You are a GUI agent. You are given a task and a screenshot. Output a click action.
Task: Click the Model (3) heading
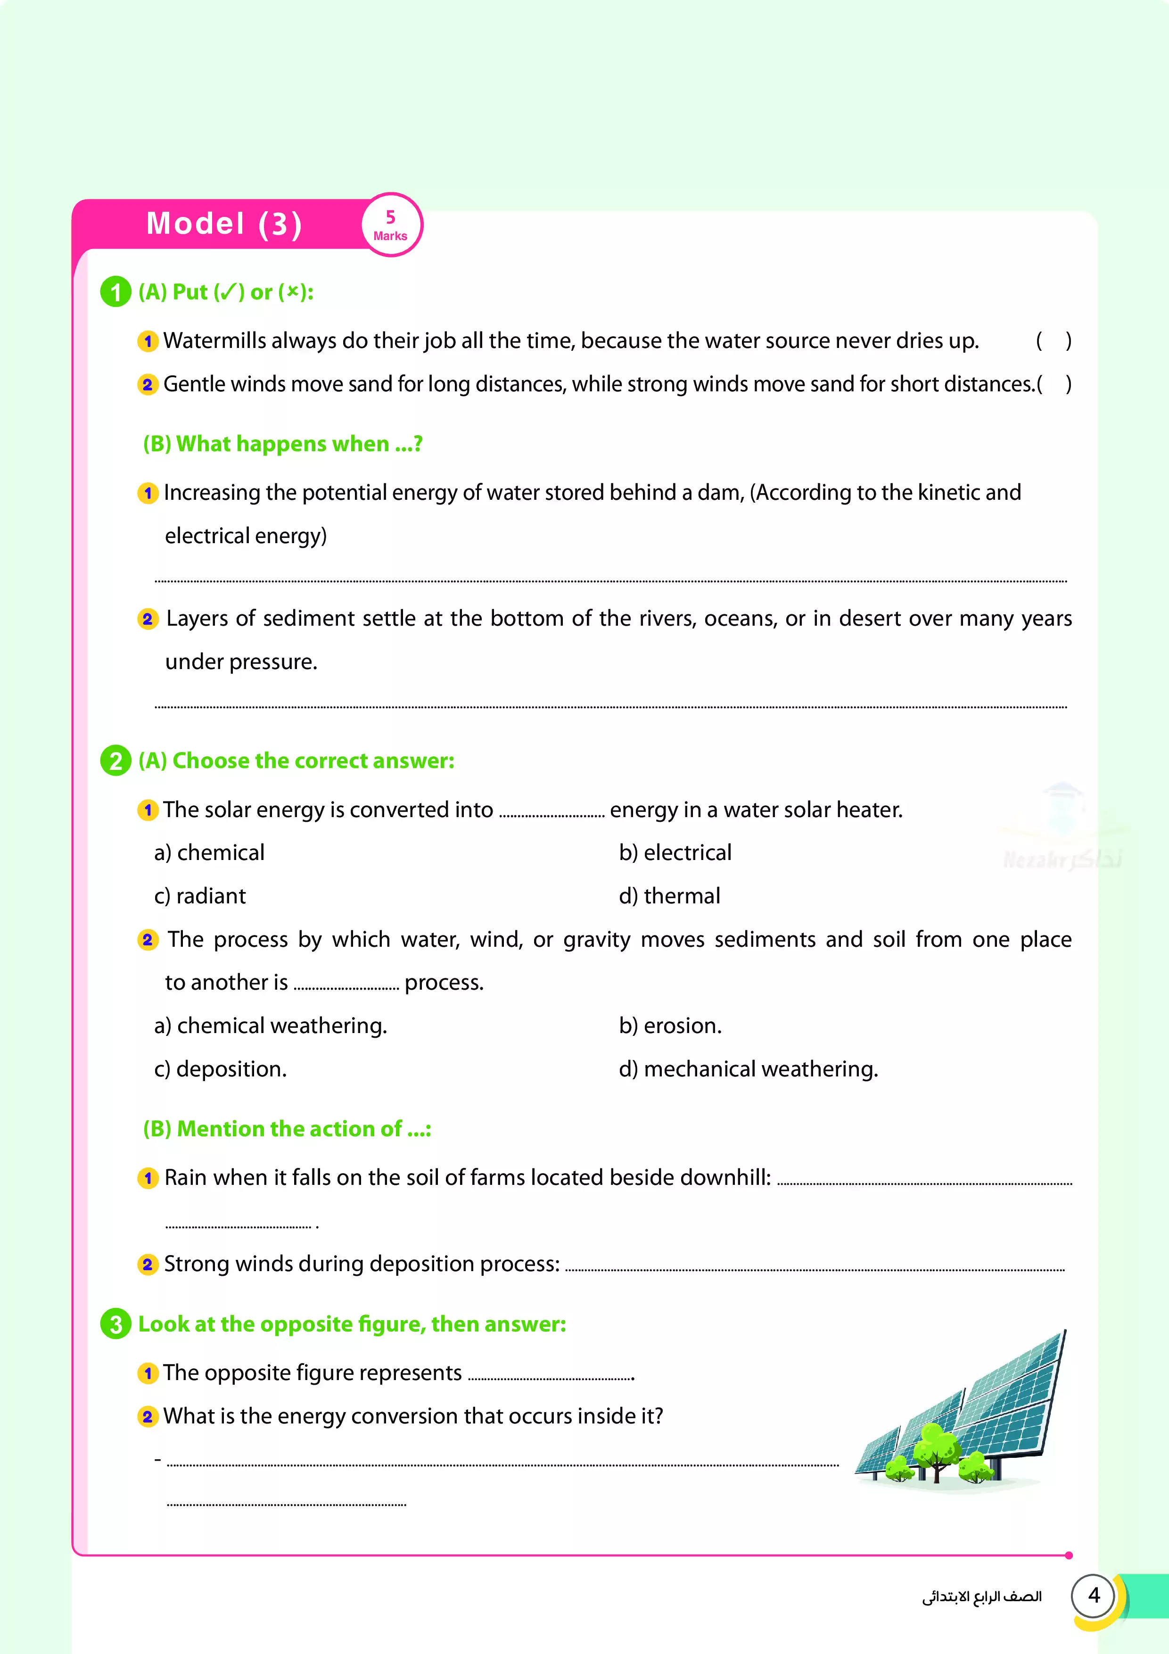pos(224,224)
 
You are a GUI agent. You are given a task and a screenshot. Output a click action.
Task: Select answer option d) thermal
pos(669,895)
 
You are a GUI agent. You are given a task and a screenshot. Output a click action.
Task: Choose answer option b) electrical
pos(675,852)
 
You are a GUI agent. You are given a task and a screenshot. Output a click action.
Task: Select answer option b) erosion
pos(670,1025)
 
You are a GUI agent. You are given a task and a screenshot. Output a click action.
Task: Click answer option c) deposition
pos(221,1068)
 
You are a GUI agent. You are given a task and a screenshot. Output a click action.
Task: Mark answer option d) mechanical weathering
pos(749,1068)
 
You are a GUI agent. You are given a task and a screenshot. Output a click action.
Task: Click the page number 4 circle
pos(1094,1595)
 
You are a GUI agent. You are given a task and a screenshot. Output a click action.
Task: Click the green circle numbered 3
pos(115,1323)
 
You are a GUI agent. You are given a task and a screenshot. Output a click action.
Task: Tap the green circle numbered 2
pos(115,761)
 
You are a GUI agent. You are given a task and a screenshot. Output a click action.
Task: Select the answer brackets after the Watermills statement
pos(1053,341)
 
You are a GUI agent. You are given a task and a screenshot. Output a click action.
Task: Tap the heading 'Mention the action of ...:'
pos(287,1128)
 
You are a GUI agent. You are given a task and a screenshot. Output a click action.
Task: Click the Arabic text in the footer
pos(982,1597)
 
